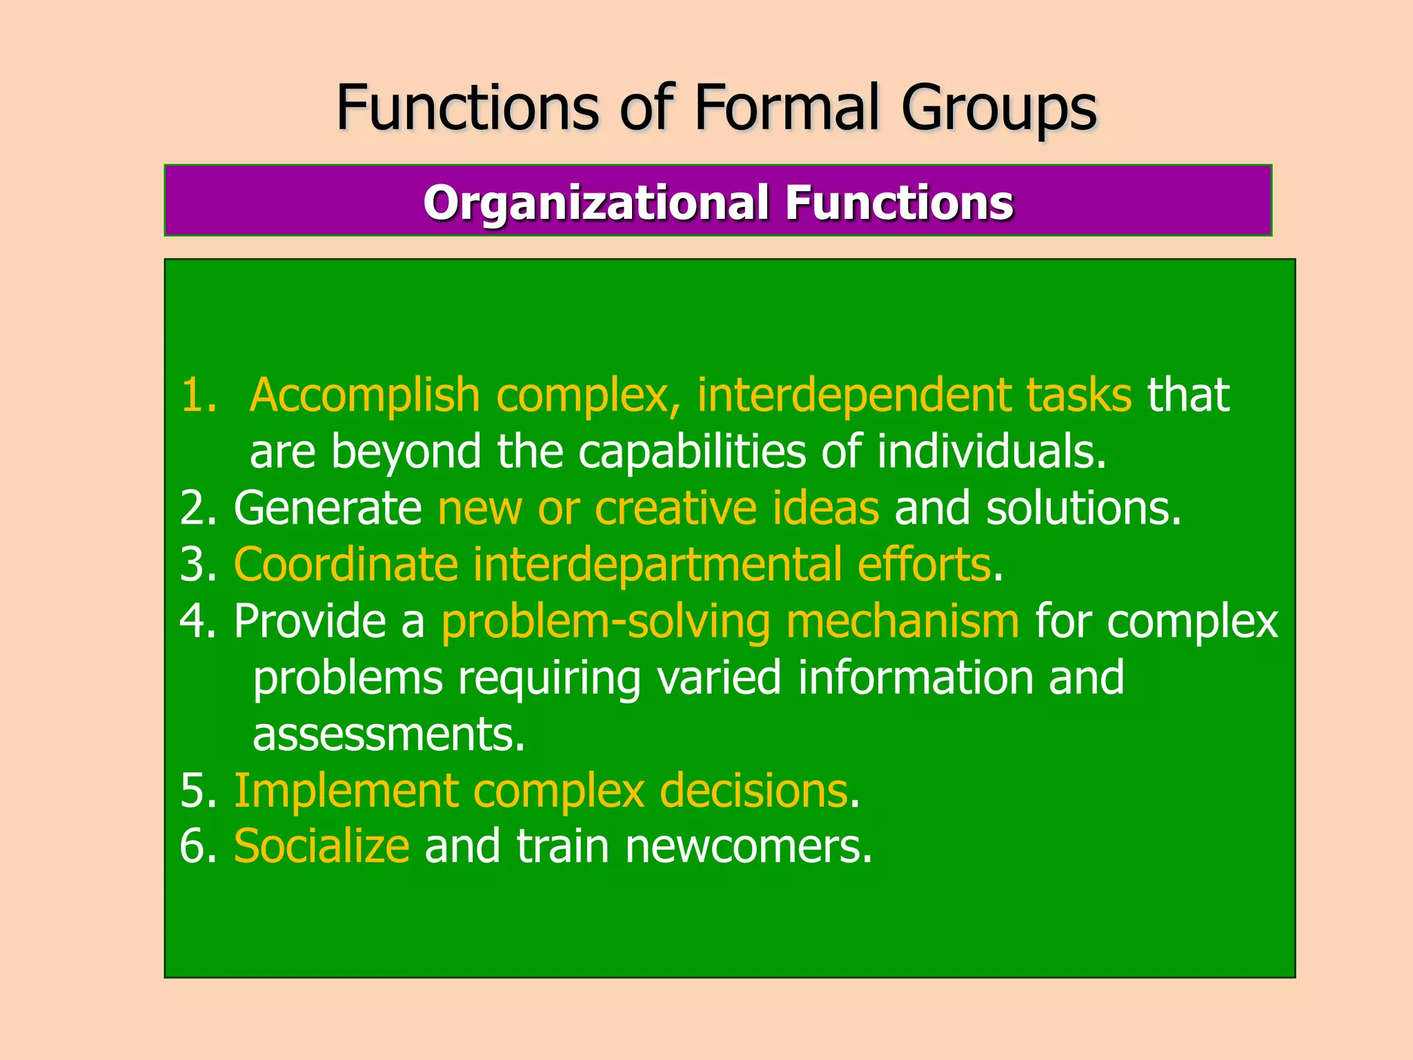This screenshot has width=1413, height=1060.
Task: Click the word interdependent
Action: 853,395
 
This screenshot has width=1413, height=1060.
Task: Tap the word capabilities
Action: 691,453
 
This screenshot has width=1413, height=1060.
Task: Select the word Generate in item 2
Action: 328,509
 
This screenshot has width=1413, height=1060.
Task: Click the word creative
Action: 675,509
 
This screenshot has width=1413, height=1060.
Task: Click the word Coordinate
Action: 346,565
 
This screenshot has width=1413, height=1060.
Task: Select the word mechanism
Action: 902,621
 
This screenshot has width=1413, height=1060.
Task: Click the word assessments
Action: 388,735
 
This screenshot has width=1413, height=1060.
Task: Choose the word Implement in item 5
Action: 346,791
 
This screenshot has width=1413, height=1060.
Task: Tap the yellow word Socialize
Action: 322,847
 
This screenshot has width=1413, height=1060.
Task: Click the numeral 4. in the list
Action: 197,622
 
